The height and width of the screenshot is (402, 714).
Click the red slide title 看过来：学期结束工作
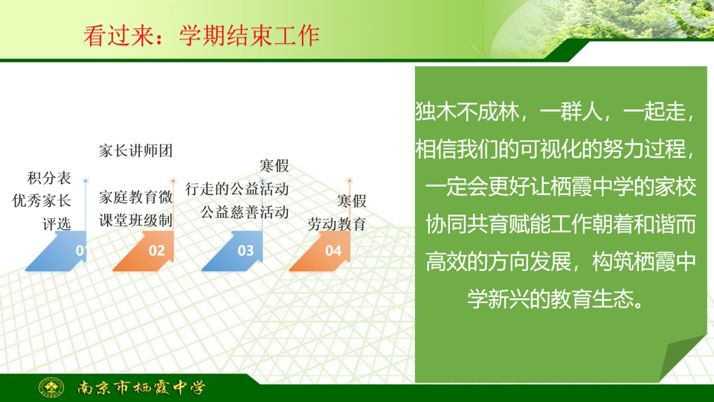point(202,36)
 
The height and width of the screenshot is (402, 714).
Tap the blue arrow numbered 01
point(57,251)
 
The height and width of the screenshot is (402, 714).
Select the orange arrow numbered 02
point(144,251)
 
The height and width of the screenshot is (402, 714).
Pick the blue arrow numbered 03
point(233,251)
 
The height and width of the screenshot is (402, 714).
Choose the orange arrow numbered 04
point(321,251)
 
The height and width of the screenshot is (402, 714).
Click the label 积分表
point(49,178)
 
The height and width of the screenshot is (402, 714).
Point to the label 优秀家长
point(42,200)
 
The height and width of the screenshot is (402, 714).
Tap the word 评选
point(57,224)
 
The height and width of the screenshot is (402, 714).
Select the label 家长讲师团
point(135,151)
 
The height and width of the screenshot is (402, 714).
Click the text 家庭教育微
point(135,197)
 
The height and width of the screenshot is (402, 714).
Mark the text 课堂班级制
point(135,220)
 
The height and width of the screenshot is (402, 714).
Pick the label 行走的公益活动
point(237,188)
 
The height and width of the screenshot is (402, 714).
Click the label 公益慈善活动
point(245,212)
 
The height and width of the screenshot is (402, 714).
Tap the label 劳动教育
point(337,224)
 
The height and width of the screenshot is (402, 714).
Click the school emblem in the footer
point(51,388)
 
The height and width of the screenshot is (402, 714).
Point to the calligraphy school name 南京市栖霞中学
point(141,387)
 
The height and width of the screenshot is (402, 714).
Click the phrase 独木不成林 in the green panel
point(467,112)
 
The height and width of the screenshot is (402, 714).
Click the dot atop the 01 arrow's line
point(85,181)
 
